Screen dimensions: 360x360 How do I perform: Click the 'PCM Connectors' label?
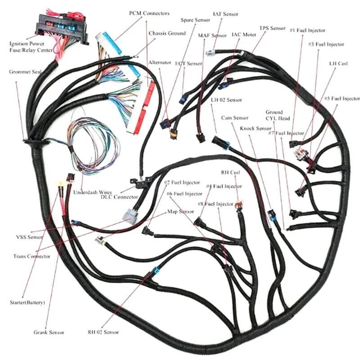click(149, 13)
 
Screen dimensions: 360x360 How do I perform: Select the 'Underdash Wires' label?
click(93, 191)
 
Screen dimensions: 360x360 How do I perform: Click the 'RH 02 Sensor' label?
click(103, 332)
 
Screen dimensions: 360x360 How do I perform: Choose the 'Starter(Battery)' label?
click(27, 302)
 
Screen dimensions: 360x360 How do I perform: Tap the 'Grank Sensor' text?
click(49, 333)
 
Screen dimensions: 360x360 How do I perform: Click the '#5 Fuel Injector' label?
click(342, 98)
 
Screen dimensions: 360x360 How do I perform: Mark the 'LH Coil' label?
click(338, 64)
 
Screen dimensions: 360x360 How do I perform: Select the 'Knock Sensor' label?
click(255, 128)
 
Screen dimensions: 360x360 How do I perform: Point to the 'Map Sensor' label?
click(180, 211)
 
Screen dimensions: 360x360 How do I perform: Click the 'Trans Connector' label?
click(32, 256)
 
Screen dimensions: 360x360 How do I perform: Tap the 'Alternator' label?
click(159, 63)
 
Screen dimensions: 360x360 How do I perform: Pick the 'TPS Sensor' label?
click(272, 28)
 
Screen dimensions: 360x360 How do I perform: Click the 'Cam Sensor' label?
click(234, 118)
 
